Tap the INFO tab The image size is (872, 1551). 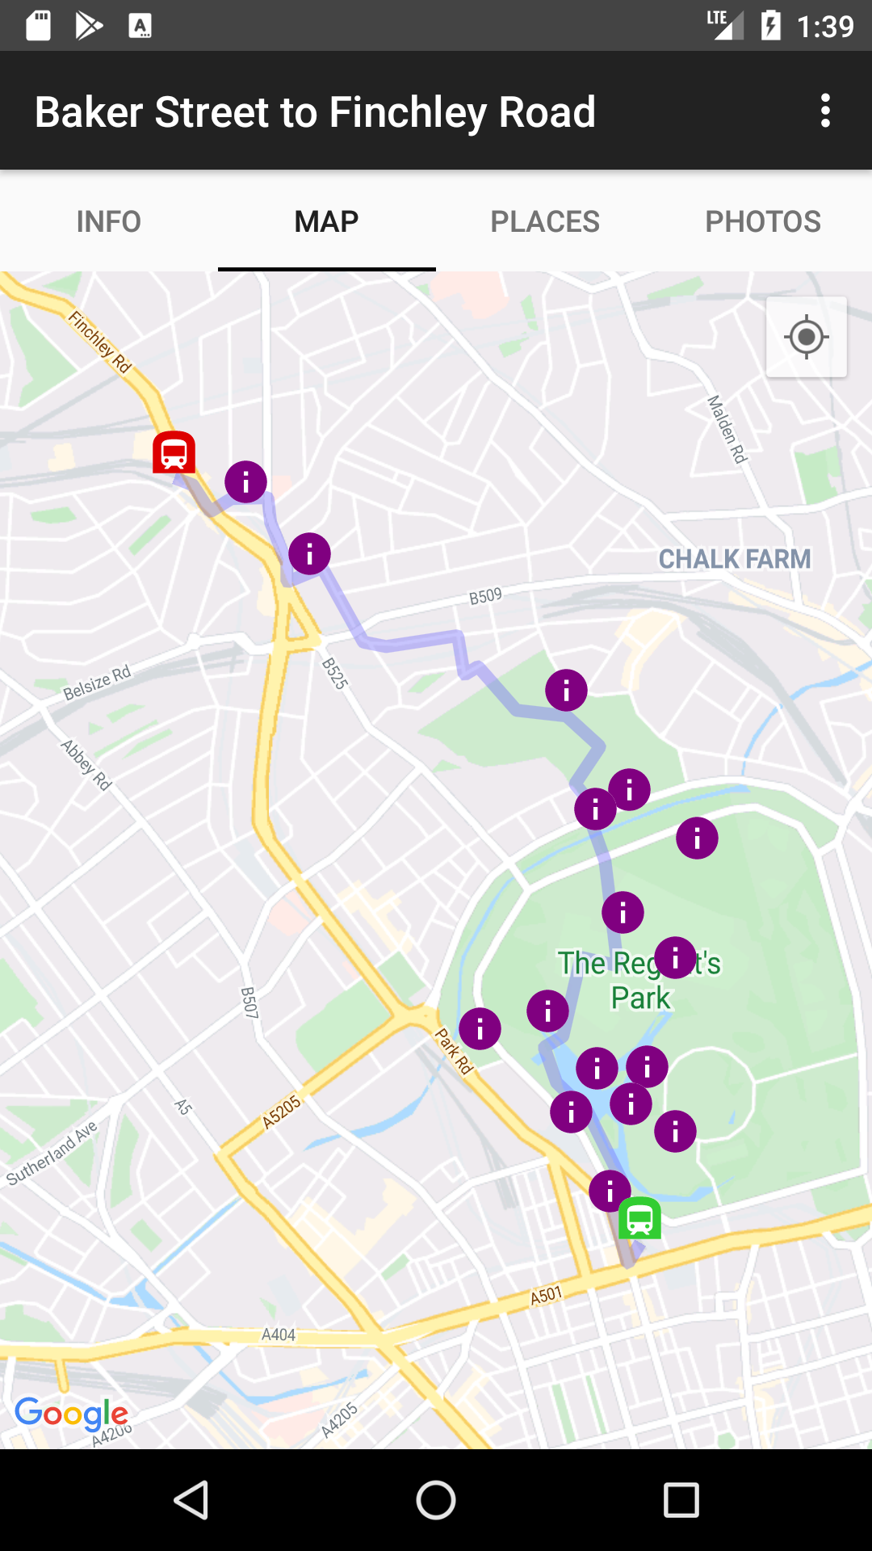point(108,221)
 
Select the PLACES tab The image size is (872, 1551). point(545,221)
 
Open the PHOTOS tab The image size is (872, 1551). point(763,221)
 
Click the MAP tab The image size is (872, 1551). point(326,221)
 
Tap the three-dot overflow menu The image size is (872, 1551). point(825,111)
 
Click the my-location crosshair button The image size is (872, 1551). point(806,337)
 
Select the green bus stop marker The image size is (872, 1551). point(639,1217)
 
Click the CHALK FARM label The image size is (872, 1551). point(734,559)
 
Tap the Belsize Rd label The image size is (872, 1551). point(97,683)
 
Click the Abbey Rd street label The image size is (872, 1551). point(86,764)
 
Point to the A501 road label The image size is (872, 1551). point(546,1296)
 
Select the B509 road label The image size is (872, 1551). point(485,596)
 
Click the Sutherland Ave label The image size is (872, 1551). point(52,1153)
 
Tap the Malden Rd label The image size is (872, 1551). point(727,429)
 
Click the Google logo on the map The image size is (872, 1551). point(71,1414)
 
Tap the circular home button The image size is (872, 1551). point(436,1501)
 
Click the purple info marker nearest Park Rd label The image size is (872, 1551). point(480,1028)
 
